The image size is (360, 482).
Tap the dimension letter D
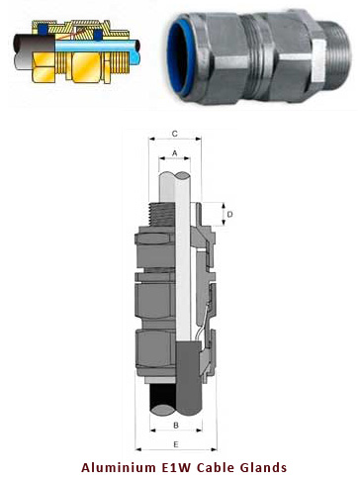point(229,214)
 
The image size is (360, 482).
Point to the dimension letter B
point(175,424)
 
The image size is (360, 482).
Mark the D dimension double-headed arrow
point(221,214)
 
